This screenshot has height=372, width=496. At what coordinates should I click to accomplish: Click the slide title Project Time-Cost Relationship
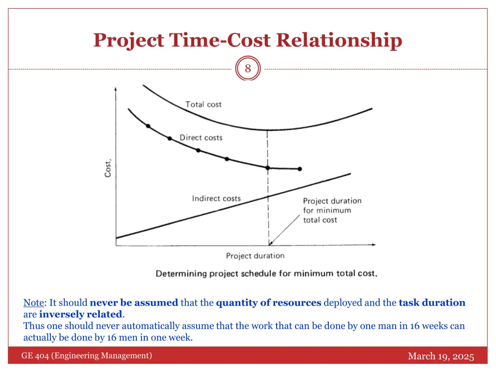(248, 40)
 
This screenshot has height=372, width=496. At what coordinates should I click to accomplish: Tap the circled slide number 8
(248, 69)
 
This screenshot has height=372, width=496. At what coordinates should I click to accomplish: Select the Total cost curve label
(203, 105)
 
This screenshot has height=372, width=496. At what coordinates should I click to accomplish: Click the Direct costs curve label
(201, 138)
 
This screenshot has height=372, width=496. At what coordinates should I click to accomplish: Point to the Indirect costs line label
(216, 199)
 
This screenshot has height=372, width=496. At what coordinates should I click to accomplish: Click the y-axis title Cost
(108, 168)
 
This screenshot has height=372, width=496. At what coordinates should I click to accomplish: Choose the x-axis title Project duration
(255, 256)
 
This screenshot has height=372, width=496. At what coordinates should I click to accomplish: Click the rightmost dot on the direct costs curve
(300, 169)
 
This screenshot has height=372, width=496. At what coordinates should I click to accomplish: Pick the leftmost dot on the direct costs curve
(148, 126)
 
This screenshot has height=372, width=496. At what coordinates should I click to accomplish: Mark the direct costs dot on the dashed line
(267, 168)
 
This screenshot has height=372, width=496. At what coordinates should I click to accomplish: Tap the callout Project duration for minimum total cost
(332, 210)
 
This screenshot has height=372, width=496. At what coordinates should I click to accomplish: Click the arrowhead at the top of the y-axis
(115, 89)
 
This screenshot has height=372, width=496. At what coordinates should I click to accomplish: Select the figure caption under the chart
(266, 274)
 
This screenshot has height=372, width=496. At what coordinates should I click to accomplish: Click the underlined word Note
(33, 303)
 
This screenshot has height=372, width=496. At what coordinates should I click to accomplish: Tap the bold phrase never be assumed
(134, 303)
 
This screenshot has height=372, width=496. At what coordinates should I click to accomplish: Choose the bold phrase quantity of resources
(268, 303)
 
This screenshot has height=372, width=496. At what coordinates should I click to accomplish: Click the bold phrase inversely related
(81, 314)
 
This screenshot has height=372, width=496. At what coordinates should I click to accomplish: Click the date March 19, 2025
(441, 356)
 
